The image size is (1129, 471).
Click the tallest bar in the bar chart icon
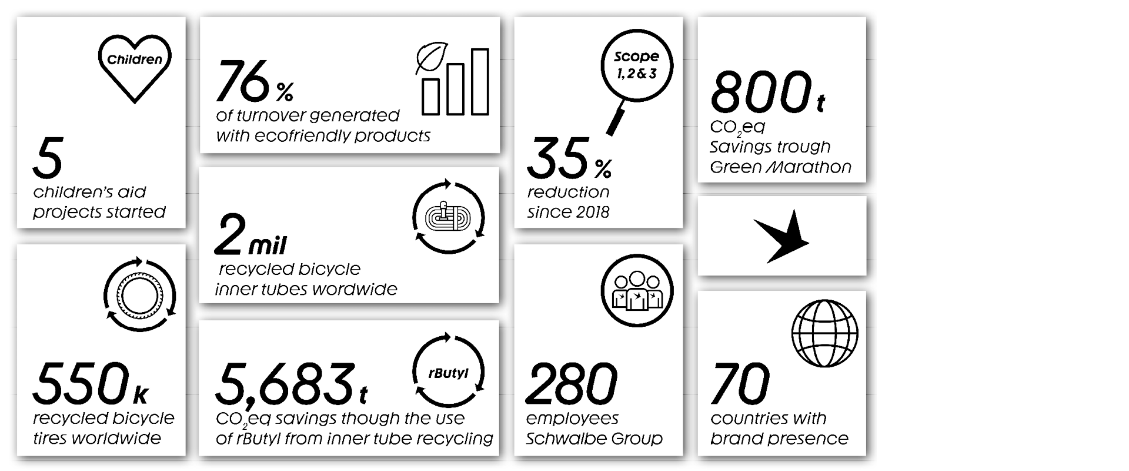(x=480, y=81)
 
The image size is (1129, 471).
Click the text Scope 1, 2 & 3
(x=636, y=65)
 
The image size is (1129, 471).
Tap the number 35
(x=558, y=158)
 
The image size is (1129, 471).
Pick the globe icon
(x=825, y=333)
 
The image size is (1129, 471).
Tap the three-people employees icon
(x=637, y=291)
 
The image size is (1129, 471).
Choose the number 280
(x=571, y=384)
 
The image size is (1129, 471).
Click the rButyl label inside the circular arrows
(x=449, y=373)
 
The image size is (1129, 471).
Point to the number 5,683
(x=285, y=386)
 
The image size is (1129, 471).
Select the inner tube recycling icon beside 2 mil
(x=449, y=217)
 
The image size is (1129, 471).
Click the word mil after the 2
(x=268, y=246)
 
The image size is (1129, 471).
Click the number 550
(x=81, y=384)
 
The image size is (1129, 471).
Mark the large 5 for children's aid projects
(x=48, y=158)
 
